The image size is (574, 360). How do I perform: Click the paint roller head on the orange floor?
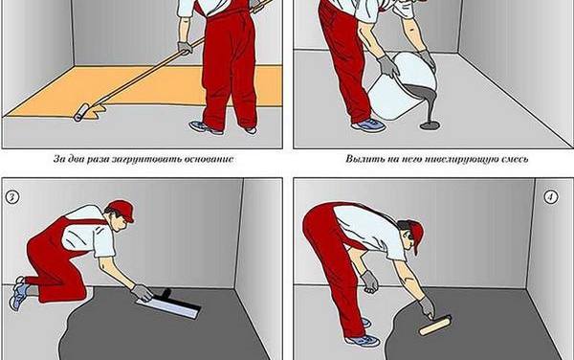pos(81,112)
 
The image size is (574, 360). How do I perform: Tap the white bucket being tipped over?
pos(403,86)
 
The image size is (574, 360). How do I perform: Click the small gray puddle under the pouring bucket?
pos(430,126)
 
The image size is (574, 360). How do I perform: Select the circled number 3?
pos(12,197)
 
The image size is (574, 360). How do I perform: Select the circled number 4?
pos(551,197)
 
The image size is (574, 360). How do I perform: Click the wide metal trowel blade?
pos(168,307)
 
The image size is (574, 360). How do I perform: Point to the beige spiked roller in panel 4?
pos(435,326)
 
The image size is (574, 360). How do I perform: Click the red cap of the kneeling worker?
pos(121,210)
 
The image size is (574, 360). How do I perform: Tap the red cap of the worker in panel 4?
pos(416,235)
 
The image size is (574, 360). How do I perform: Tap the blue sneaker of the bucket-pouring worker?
pos(368,124)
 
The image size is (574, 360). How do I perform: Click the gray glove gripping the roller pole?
pos(185,48)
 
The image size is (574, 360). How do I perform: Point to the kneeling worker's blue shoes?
pos(18,293)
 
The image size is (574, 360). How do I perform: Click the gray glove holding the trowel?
pos(142,293)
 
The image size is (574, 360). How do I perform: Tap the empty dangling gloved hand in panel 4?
pos(369,282)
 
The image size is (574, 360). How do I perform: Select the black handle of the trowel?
pos(164,295)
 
